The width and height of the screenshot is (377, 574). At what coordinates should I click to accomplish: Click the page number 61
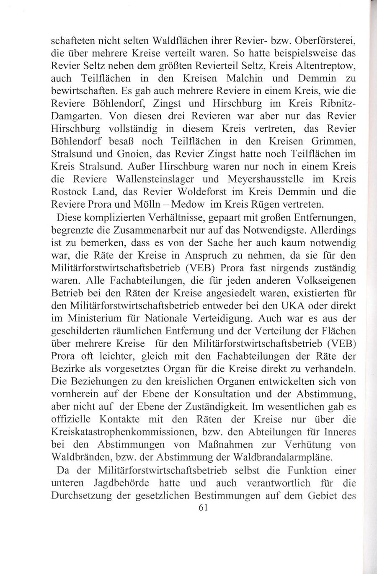(x=201, y=507)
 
